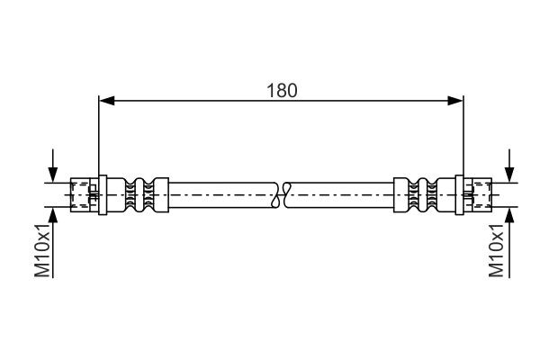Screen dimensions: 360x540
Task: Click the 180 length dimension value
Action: (x=282, y=90)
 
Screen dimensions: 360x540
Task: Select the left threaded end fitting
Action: (x=84, y=193)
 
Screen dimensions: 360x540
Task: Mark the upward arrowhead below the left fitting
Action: (x=54, y=213)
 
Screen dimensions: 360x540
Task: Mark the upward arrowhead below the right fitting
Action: (x=509, y=213)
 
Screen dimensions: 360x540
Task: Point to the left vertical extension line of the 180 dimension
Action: (x=98, y=135)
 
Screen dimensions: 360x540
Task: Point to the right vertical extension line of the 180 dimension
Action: (x=463, y=135)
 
